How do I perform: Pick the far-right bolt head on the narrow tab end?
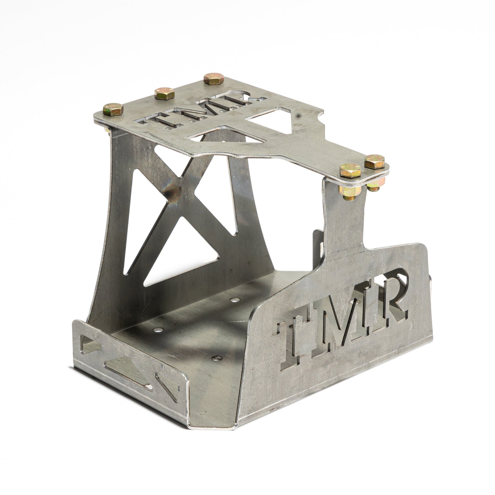tap(375, 162)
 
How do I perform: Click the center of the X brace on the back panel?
tap(176, 193)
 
